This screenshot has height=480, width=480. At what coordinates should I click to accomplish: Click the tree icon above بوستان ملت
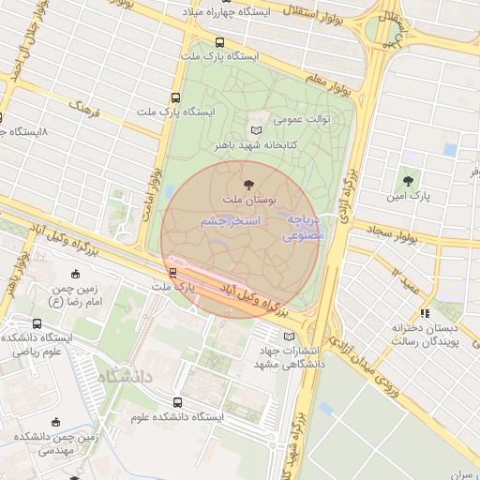[248, 186]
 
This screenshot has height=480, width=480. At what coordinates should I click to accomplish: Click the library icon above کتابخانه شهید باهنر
[257, 130]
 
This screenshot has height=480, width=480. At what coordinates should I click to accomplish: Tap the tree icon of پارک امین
[407, 181]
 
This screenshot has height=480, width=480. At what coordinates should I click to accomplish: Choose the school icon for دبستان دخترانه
[425, 313]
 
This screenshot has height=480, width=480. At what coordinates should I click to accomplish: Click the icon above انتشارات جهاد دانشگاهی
[289, 337]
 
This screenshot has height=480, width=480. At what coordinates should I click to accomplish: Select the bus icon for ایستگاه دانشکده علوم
[177, 402]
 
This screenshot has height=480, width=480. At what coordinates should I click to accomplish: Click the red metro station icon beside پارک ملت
[172, 273]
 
